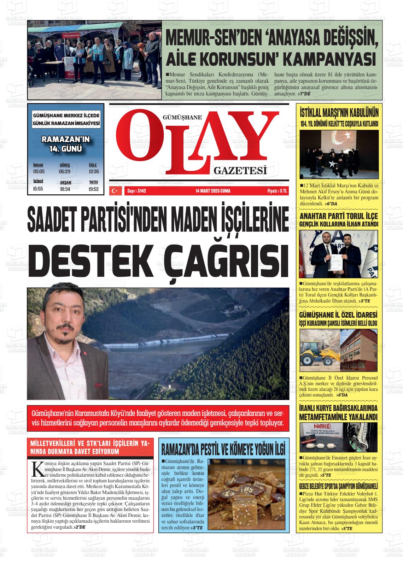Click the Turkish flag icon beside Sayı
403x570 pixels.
tap(115, 191)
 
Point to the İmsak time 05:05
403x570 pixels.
tap(39, 171)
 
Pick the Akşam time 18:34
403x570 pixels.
tap(65, 189)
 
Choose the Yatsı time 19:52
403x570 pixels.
tap(94, 189)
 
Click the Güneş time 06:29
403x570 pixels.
tap(65, 171)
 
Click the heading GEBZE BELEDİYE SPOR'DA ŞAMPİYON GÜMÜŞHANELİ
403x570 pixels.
tap(338, 485)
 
